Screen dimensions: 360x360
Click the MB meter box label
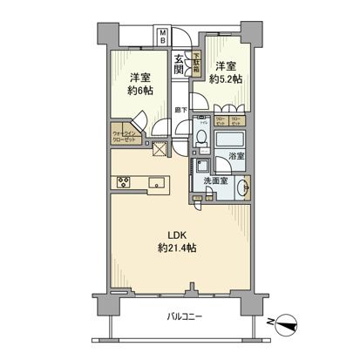(x=162, y=37)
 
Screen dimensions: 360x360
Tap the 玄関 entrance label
(x=179, y=65)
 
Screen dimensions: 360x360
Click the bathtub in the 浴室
(x=231, y=141)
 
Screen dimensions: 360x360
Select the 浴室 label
(x=235, y=157)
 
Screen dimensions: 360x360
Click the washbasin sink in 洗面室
(x=246, y=186)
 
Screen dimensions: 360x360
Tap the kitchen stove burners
(x=123, y=182)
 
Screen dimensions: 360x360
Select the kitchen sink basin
(x=156, y=182)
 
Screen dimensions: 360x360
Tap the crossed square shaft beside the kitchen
(x=160, y=149)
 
